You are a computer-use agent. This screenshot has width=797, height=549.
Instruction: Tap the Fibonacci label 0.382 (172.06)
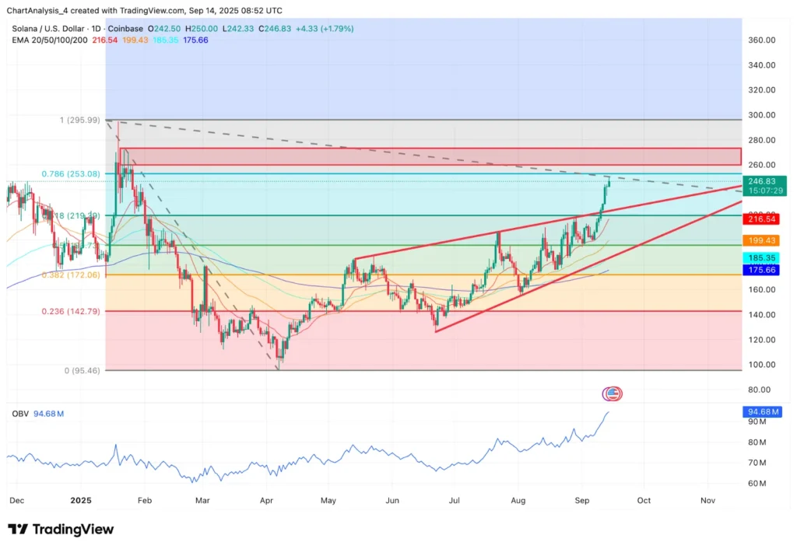(x=70, y=275)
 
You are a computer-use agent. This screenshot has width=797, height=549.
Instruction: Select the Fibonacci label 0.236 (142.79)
(x=70, y=311)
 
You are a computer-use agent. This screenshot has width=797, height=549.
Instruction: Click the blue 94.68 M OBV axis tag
(x=767, y=411)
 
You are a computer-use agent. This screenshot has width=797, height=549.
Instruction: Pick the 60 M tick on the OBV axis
(x=757, y=483)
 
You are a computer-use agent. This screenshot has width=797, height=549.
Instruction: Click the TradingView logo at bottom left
(x=61, y=530)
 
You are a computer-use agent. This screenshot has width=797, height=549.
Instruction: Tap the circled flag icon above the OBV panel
(x=613, y=393)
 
